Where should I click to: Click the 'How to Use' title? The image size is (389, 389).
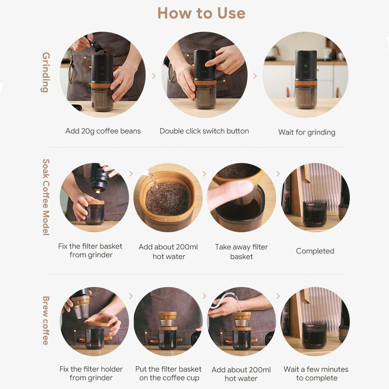click(201, 13)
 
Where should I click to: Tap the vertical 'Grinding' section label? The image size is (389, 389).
click(46, 72)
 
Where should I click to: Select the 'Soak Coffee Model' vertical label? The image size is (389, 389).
click(46, 197)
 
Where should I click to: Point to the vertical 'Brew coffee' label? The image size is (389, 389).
click(46, 321)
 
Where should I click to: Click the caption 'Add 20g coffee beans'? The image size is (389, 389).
click(103, 131)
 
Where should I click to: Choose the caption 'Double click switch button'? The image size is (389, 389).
click(204, 131)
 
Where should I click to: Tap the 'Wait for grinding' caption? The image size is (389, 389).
click(307, 132)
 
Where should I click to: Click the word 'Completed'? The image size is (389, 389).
click(315, 251)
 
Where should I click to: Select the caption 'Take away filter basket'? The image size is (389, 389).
click(241, 252)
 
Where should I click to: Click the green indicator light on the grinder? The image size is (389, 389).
click(306, 66)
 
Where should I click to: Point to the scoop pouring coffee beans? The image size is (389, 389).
click(95, 46)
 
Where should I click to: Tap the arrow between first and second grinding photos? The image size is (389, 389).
click(154, 76)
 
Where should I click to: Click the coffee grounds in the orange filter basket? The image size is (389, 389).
click(167, 199)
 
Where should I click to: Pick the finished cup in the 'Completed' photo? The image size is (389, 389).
click(315, 214)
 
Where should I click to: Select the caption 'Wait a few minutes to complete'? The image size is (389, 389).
click(316, 373)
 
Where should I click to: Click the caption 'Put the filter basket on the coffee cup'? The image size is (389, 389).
click(169, 373)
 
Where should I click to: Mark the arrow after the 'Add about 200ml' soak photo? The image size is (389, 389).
click(204, 174)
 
